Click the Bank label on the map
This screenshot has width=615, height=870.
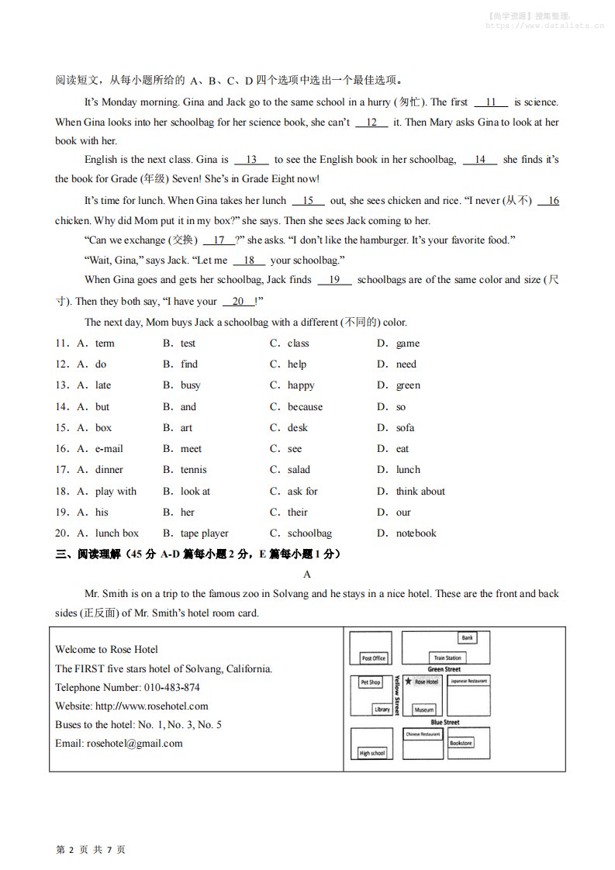467,638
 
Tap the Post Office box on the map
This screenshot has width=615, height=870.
373,658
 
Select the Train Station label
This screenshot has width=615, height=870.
447,658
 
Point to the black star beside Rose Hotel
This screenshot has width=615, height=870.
409,682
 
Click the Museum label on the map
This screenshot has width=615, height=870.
423,709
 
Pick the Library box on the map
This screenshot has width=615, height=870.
382,709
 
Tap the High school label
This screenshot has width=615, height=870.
371,753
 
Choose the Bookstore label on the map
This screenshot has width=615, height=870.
461,743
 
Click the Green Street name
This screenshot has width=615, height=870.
444,669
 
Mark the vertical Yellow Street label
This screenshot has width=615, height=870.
397,694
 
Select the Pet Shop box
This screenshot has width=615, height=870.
371,682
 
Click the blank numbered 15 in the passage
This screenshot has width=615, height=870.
308,201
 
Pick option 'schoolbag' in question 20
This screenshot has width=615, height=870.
309,533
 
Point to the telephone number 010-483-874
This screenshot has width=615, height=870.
171,688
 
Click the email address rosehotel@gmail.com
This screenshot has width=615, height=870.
135,744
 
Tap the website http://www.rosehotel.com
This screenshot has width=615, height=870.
151,706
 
